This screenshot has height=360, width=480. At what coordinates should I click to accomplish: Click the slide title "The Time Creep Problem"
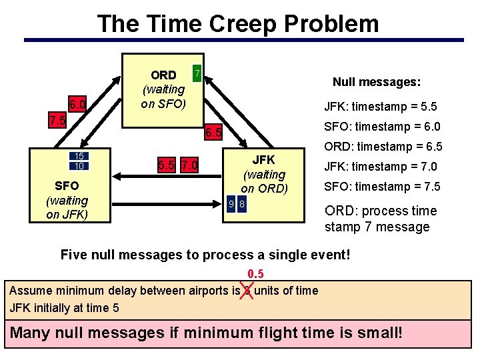pos(238,24)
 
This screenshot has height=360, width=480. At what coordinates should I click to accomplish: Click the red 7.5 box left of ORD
pos(58,121)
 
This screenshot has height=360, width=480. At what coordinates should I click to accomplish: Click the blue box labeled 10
pos(79,166)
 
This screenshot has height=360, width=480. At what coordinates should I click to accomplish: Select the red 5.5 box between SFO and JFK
pos(166,165)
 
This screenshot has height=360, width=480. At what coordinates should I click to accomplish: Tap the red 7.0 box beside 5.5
pos(189,165)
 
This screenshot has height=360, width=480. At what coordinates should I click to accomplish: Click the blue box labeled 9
pos(231,204)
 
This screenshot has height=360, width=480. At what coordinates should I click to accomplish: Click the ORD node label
pos(163,75)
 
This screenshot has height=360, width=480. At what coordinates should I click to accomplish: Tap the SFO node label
pos(67,185)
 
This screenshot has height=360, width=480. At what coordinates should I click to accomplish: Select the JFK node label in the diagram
pos(263,160)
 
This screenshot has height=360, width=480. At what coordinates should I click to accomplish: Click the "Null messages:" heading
pos(376,82)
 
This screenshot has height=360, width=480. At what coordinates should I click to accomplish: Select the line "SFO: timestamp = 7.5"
pos(382,187)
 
